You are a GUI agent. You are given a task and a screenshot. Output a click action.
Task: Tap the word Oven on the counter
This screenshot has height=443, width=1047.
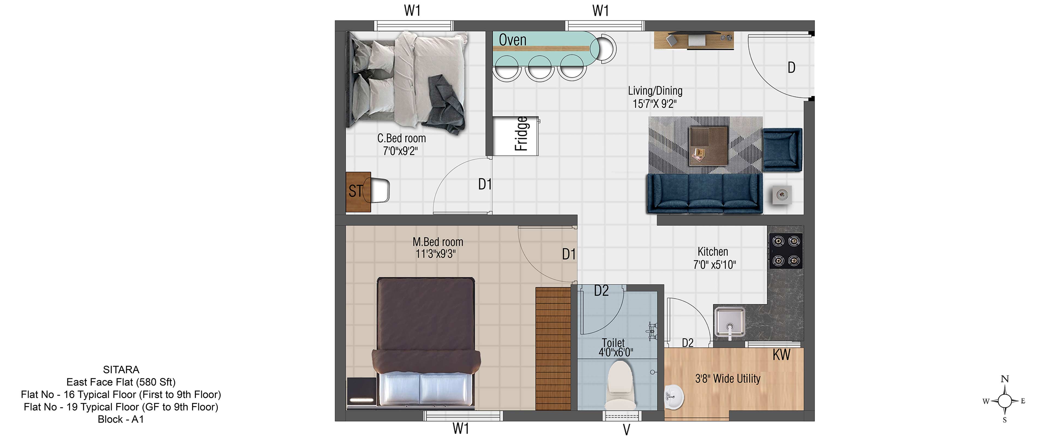[513, 40]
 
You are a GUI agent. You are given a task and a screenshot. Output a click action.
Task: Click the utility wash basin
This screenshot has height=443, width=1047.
[674, 396]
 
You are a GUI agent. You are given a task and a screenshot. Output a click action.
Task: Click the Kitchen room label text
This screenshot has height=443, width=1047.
[713, 252]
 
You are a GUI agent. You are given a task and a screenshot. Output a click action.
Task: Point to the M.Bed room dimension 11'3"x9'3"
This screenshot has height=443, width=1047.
[436, 254]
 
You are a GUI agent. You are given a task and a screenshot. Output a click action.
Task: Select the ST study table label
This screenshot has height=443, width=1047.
[355, 191]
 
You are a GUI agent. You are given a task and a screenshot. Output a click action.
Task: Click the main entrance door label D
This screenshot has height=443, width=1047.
[791, 67]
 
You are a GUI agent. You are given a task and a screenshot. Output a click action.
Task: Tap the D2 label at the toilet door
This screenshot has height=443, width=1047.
[601, 291]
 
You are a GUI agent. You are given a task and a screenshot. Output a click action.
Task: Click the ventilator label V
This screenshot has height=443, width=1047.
[626, 430]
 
